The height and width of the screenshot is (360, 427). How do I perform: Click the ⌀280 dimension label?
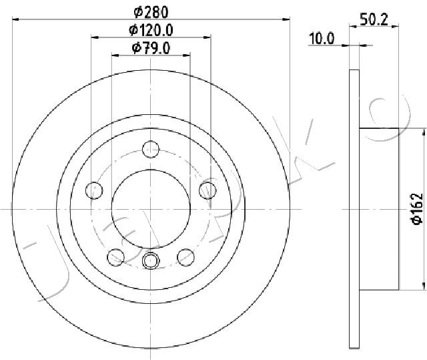point(151,11)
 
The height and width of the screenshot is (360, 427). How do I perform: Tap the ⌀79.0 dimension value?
point(151,47)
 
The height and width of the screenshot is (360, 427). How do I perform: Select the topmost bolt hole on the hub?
point(151,148)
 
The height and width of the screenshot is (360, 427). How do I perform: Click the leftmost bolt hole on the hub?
point(95,191)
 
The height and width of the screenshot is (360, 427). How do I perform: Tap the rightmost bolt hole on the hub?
point(207,190)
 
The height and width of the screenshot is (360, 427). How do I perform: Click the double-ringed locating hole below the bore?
point(151,260)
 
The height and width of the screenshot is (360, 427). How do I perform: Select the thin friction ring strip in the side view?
point(354,208)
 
